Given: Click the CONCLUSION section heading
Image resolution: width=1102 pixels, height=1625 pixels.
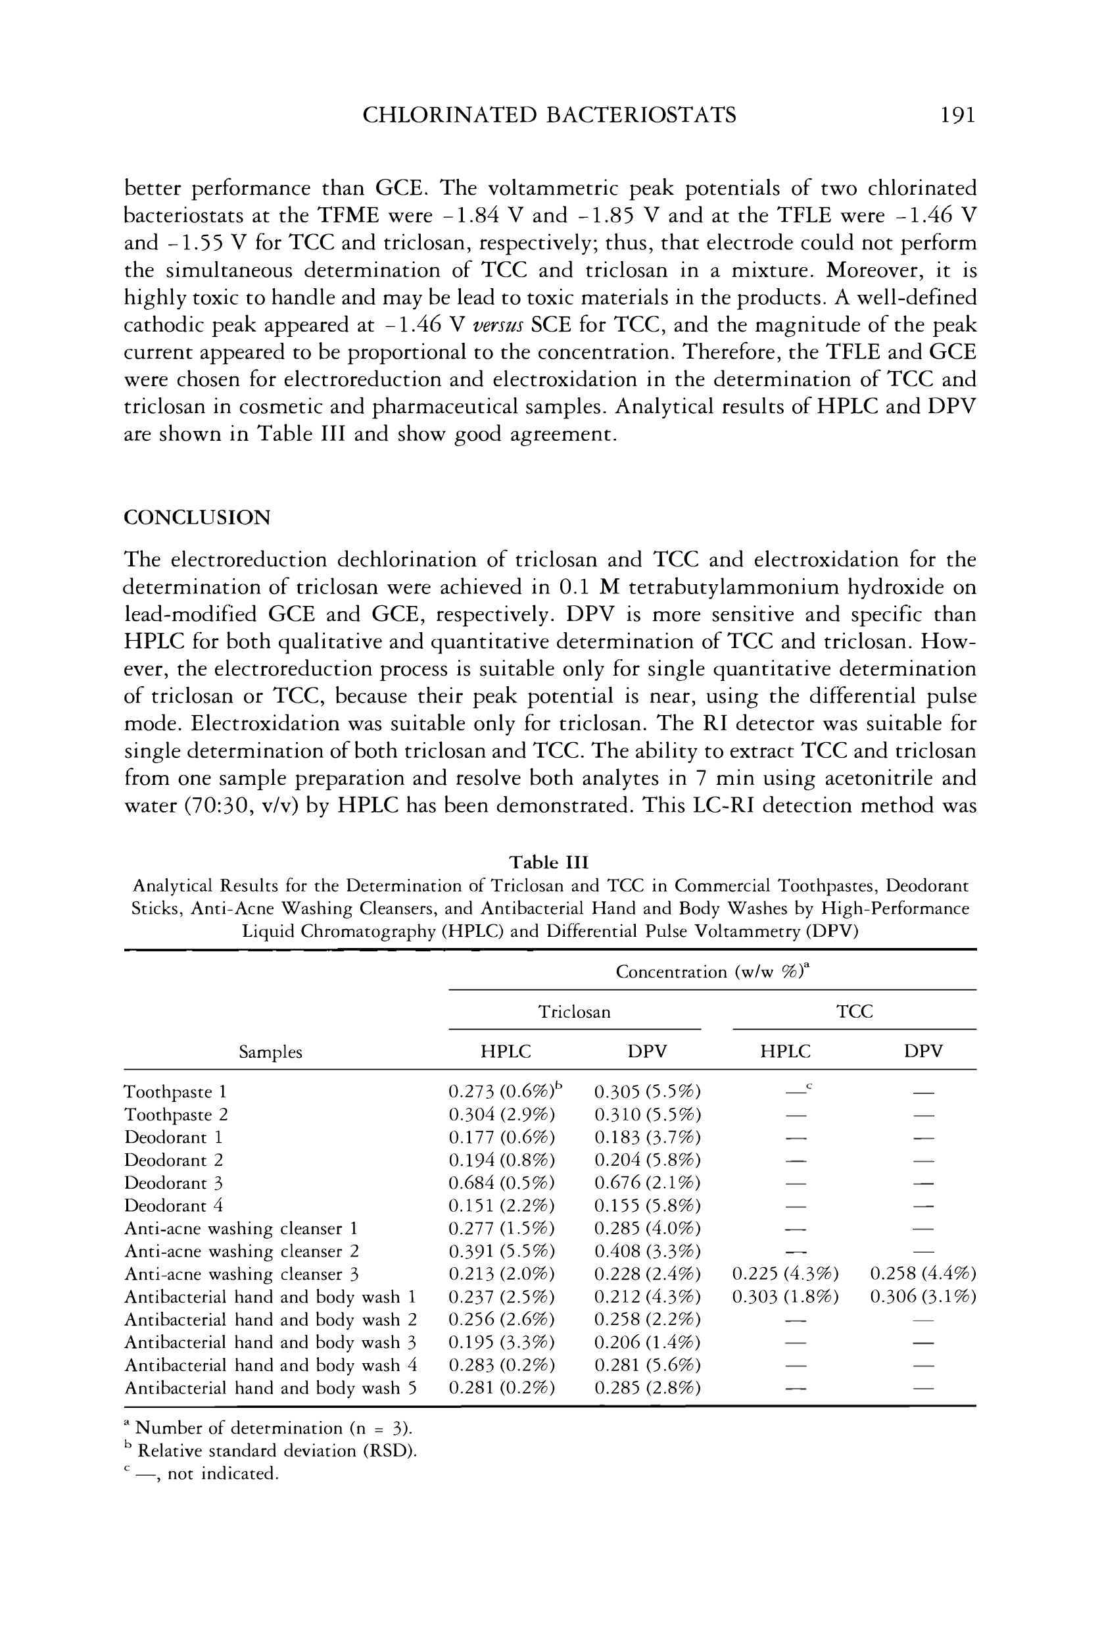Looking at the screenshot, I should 197,518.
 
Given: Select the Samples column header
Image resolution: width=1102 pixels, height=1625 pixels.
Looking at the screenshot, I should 270,1053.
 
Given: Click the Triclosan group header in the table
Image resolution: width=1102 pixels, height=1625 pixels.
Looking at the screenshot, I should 574,1012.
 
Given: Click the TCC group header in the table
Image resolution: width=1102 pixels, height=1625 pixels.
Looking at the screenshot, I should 854,1012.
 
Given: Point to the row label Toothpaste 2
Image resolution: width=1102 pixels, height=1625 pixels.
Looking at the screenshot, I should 176,1114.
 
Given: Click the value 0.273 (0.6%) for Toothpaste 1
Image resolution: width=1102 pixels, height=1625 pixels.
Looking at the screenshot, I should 502,1091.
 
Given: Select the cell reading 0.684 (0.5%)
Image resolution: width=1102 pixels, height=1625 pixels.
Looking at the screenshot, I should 501,1183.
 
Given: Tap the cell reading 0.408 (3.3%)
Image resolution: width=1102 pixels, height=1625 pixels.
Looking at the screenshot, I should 647,1251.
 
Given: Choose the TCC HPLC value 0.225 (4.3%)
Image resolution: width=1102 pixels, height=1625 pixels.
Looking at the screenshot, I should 784,1274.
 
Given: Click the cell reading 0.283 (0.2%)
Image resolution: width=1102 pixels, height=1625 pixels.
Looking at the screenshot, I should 501,1365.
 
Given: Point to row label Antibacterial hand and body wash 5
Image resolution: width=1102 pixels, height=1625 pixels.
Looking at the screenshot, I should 270,1388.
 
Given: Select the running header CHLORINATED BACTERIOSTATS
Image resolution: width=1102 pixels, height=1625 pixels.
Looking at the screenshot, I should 549,114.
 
